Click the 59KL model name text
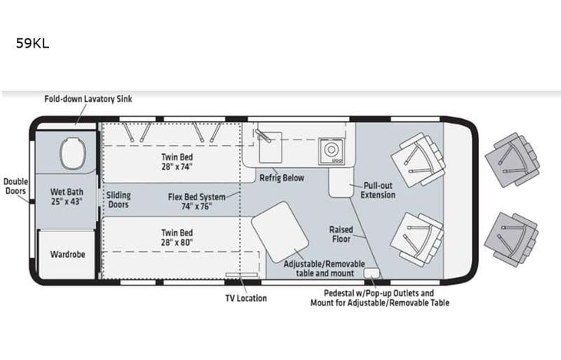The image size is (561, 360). pyautogui.click(x=32, y=44)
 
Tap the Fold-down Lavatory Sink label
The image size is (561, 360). pyautogui.click(x=88, y=100)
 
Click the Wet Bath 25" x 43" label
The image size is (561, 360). pyautogui.click(x=66, y=196)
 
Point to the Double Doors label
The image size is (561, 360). pyautogui.click(x=15, y=187)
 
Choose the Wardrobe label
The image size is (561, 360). pyautogui.click(x=67, y=253)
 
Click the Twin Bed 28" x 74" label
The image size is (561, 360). pyautogui.click(x=177, y=161)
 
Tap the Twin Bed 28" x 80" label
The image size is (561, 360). pyautogui.click(x=177, y=237)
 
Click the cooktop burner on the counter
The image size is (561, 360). pyautogui.click(x=333, y=150)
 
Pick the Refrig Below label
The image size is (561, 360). pyautogui.click(x=281, y=178)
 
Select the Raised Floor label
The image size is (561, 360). pyautogui.click(x=340, y=233)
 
